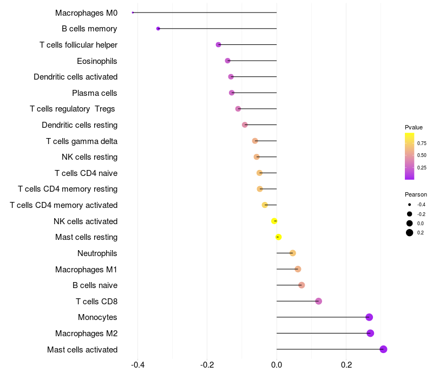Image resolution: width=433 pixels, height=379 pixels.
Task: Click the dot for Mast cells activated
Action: point(383,349)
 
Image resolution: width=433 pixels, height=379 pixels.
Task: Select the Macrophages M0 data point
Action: point(133,12)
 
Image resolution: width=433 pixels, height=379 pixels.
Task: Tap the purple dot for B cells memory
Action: point(158,29)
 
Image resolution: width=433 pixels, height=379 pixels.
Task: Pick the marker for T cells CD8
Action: point(318,301)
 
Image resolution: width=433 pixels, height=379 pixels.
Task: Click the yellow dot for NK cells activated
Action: point(274,221)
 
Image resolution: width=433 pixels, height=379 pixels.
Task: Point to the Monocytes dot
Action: point(369,317)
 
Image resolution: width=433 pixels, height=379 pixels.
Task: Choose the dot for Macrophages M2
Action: point(370,333)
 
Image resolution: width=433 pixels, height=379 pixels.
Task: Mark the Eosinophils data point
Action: point(227,61)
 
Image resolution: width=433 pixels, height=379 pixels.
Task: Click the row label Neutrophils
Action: point(97,253)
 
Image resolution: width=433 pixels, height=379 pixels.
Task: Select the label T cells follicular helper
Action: point(78,45)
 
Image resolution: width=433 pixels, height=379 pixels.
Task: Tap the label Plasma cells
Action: point(95,93)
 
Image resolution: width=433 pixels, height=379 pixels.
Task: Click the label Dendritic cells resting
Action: point(80,125)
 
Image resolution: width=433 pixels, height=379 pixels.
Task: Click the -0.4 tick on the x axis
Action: point(137,365)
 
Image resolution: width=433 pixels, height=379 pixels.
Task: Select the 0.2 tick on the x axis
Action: point(346,365)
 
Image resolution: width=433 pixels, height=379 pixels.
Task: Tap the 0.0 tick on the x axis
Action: point(277,365)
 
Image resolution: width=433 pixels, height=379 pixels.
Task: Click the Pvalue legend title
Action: point(414,127)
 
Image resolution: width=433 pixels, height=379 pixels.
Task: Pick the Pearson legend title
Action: point(416,194)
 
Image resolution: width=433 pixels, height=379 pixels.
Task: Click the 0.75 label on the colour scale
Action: point(422,143)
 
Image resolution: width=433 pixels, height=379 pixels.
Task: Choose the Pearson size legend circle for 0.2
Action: point(410,233)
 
